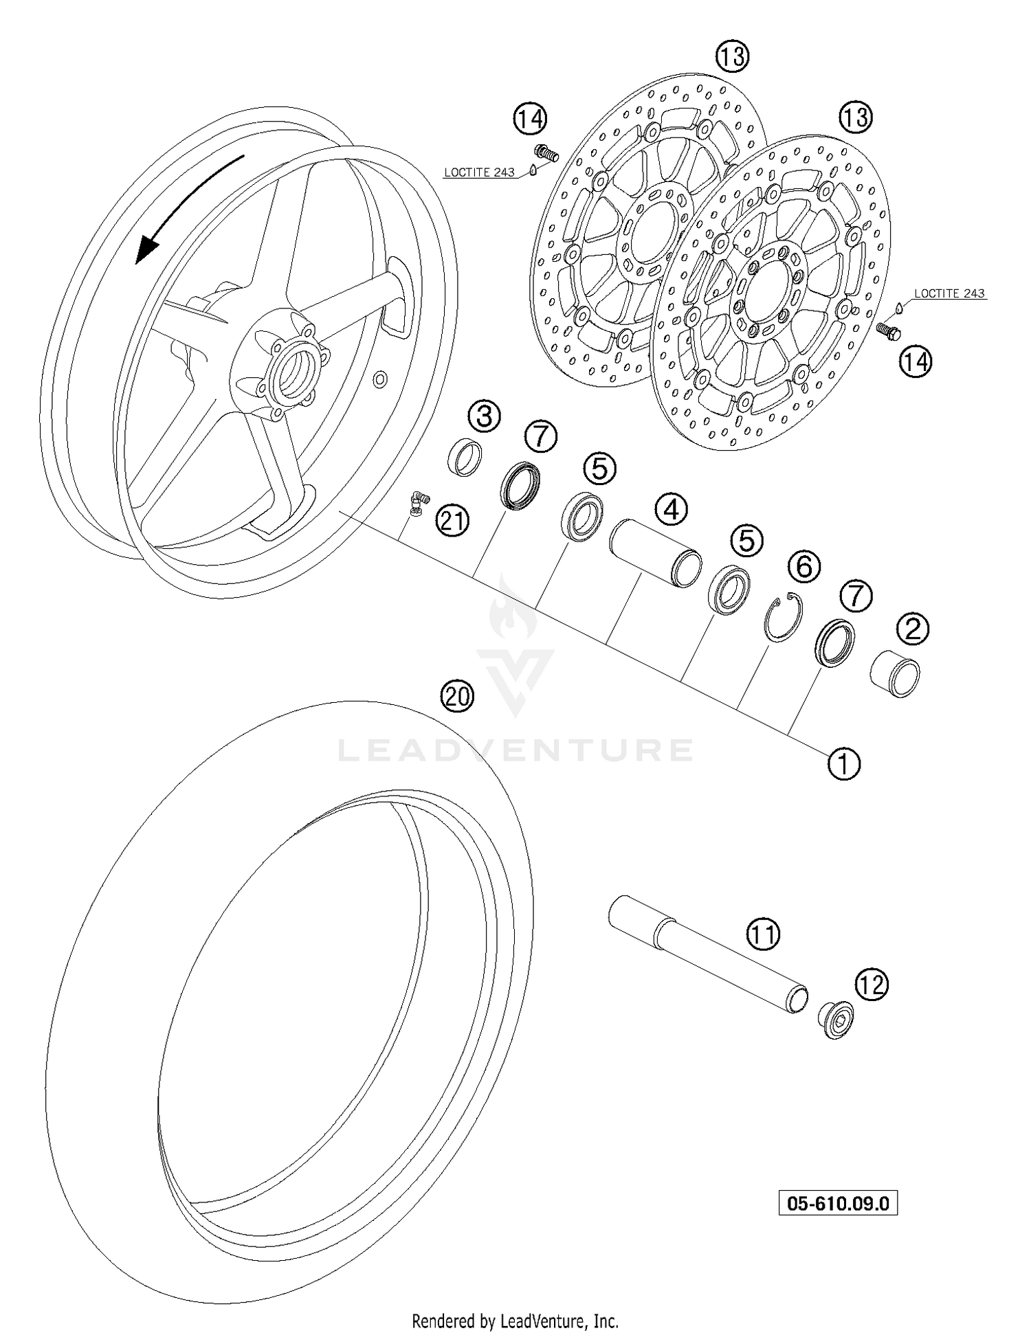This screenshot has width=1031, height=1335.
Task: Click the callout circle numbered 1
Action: point(843,763)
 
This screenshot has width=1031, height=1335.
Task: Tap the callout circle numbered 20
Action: point(457,697)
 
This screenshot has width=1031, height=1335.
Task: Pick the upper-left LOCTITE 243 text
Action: point(479,172)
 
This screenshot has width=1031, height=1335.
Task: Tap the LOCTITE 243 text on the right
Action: point(950,293)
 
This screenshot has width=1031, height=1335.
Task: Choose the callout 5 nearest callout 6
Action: point(746,541)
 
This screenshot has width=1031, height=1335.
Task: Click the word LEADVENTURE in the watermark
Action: point(515,750)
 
